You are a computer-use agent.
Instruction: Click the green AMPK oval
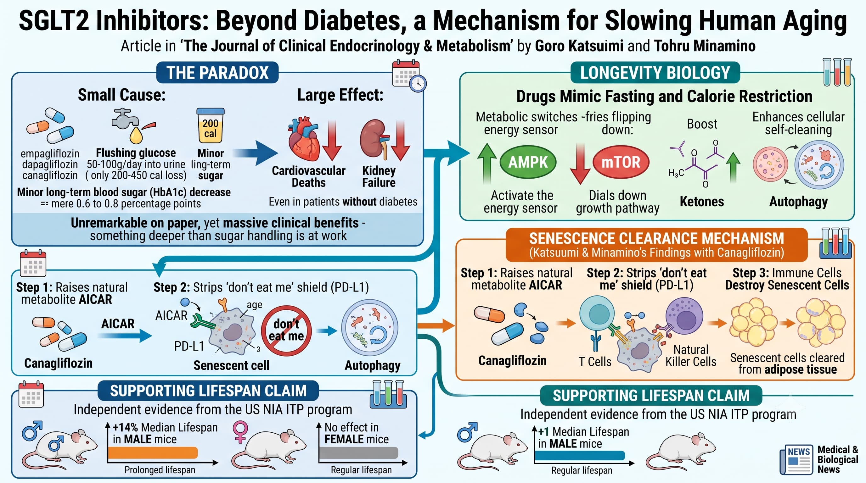tap(528, 162)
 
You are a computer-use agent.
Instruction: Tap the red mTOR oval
tap(621, 162)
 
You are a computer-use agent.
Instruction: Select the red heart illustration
tap(304, 138)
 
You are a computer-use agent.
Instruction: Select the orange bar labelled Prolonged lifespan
tap(153, 453)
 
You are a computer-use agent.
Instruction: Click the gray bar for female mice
tap(359, 453)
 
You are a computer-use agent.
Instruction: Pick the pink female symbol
tap(240, 431)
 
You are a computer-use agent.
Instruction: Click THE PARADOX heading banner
tap(217, 73)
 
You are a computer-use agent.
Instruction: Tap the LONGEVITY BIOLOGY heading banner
tap(655, 73)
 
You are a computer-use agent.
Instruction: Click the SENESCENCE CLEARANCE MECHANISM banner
tap(656, 245)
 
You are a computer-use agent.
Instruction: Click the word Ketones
tap(702, 202)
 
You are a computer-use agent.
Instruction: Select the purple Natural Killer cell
tap(684, 316)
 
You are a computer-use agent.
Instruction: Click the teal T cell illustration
tap(597, 314)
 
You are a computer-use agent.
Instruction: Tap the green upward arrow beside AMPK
tap(487, 164)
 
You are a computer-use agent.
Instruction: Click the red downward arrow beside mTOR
tap(580, 164)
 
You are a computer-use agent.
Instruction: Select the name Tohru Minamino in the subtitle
tap(705, 46)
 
